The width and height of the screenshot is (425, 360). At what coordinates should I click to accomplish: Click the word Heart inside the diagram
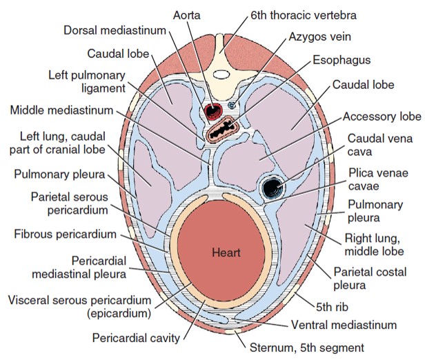(x=226, y=253)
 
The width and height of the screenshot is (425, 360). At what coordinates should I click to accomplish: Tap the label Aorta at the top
(x=189, y=14)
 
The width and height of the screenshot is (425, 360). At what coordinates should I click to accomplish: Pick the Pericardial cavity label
(x=137, y=339)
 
